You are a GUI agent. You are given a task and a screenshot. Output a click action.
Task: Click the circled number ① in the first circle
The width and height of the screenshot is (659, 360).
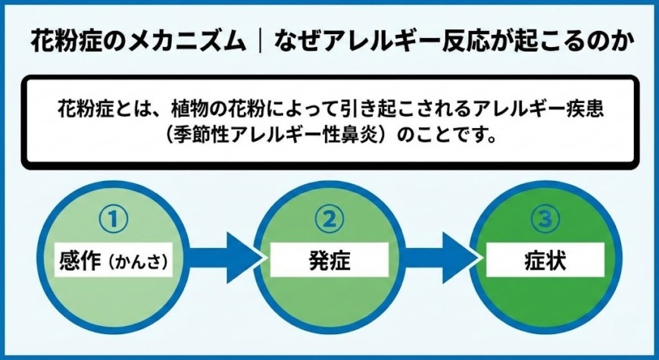[113, 219]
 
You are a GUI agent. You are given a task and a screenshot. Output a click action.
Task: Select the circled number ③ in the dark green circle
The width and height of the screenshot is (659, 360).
[545, 219]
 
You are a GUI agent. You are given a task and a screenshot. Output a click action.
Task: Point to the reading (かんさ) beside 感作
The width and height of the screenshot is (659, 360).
[137, 261]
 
